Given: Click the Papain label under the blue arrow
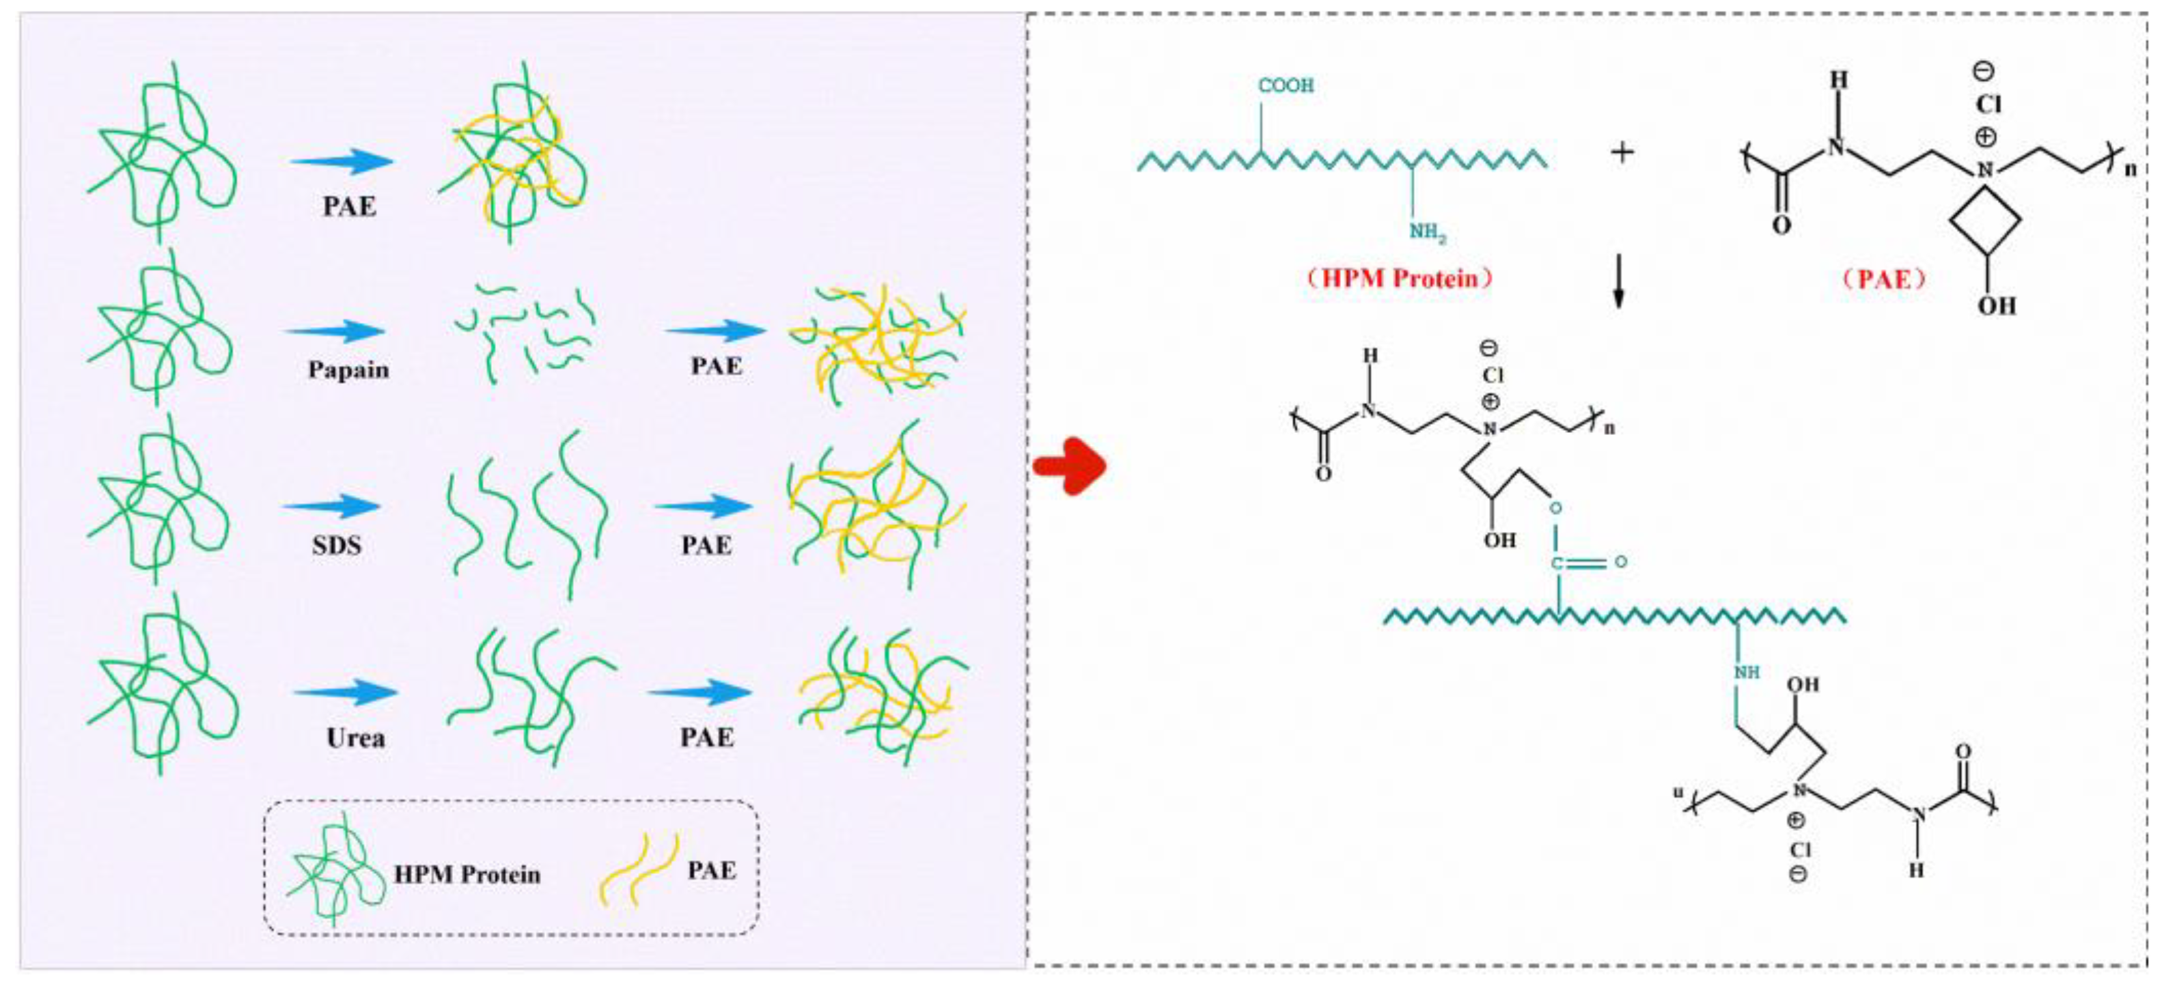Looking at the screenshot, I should (348, 370).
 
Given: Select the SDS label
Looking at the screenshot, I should (336, 546).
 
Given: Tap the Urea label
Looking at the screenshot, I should (355, 738).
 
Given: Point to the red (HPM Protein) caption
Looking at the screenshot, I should (1399, 279).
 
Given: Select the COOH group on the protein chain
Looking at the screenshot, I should (1286, 85).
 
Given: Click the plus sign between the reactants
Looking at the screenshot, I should (1621, 153).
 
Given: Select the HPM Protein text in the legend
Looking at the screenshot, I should (467, 875).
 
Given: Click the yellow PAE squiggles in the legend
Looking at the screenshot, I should (638, 869).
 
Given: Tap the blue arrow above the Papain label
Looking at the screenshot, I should (335, 331).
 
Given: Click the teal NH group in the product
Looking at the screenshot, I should (1747, 673).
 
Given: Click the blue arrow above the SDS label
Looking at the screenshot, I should (331, 507).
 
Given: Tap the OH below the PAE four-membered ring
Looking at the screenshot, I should (1996, 305).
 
